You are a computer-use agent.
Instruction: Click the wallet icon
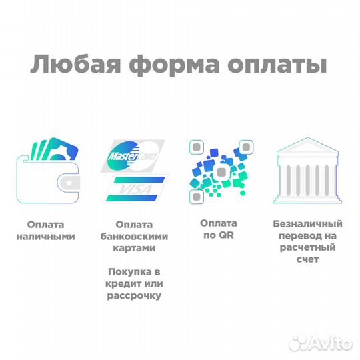49,174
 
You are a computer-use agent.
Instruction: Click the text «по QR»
218,235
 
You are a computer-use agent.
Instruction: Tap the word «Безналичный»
305,225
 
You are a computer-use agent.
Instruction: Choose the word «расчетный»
305,247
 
